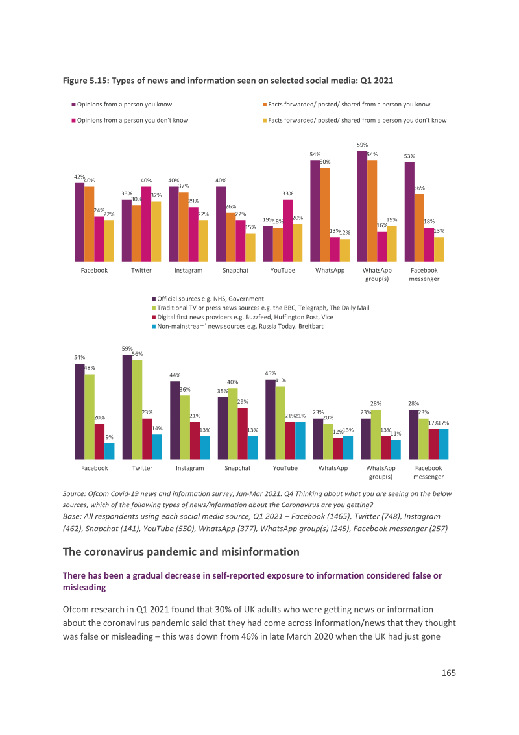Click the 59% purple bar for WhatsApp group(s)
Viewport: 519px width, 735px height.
(362, 206)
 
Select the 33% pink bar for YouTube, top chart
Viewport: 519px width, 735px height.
(287, 230)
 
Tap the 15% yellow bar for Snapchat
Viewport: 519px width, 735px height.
(250, 247)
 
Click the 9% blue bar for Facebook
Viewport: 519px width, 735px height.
(109, 451)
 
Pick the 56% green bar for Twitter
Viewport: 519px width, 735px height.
(138, 410)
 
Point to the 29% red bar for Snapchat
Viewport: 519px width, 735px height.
(243, 434)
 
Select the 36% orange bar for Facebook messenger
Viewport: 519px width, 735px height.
(419, 228)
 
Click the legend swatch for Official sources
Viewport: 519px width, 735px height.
(154, 299)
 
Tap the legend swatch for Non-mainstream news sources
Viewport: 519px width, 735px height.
(154, 326)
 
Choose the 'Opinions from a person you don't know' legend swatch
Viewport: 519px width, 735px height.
(73, 121)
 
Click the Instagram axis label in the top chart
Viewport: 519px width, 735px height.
(188, 271)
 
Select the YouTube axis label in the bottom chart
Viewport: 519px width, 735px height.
(285, 468)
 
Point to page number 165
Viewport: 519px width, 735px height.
(449, 673)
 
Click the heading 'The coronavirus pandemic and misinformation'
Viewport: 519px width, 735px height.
(181, 552)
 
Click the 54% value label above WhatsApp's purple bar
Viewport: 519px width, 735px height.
(315, 155)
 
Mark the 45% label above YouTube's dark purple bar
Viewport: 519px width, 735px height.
(271, 373)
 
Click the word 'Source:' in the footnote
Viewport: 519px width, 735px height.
(74, 493)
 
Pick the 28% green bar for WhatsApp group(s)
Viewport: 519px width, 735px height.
(376, 434)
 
